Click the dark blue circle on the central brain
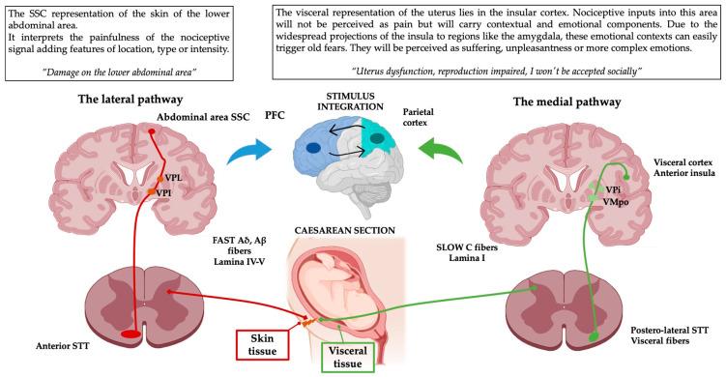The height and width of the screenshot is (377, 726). (x=316, y=148)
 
